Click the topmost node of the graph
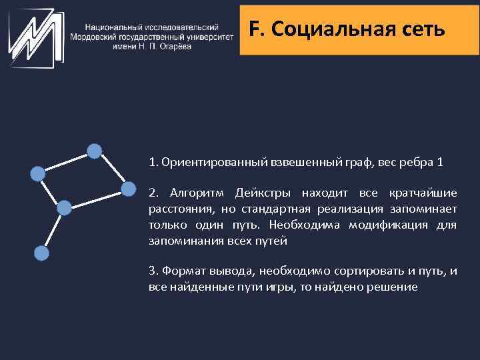[95, 151]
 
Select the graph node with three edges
[64, 208]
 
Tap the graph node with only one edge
[41, 253]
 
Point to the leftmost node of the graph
[38, 174]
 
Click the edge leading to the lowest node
[53, 231]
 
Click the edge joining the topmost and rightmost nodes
[112, 170]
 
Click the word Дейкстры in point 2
[263, 193]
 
